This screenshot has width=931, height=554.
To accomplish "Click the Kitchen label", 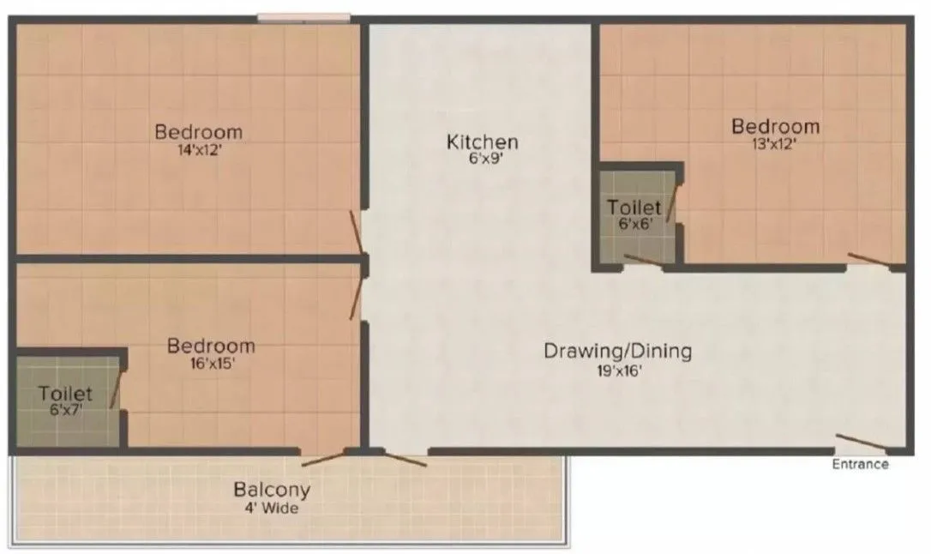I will tap(482, 142).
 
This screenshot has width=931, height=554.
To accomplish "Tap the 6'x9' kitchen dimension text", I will tap(482, 159).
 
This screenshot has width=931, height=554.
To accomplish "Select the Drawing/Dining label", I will tap(617, 351).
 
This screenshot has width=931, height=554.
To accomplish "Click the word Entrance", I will tap(860, 465).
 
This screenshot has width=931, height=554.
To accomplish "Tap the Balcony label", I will tap(272, 491).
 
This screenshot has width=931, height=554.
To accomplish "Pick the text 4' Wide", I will tap(272, 508).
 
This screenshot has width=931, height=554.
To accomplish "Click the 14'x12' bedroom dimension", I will tap(198, 148).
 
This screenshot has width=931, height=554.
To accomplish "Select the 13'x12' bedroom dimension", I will tap(775, 143).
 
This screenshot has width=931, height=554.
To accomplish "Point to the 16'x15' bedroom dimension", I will tap(211, 363).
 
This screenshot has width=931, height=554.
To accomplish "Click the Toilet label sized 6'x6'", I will tap(634, 208).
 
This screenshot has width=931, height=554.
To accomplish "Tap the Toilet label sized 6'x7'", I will tap(65, 394).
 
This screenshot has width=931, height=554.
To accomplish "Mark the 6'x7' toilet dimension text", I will tap(65, 410).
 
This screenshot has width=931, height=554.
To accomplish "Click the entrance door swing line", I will tap(862, 442).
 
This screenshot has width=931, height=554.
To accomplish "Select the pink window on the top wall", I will tap(303, 16).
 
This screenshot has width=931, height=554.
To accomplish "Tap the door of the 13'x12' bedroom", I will tap(868, 259).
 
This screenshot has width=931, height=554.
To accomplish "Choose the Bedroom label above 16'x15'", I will tap(211, 346).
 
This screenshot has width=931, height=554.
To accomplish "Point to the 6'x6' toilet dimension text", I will tap(634, 223).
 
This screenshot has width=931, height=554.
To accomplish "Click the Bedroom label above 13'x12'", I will tap(775, 127).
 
